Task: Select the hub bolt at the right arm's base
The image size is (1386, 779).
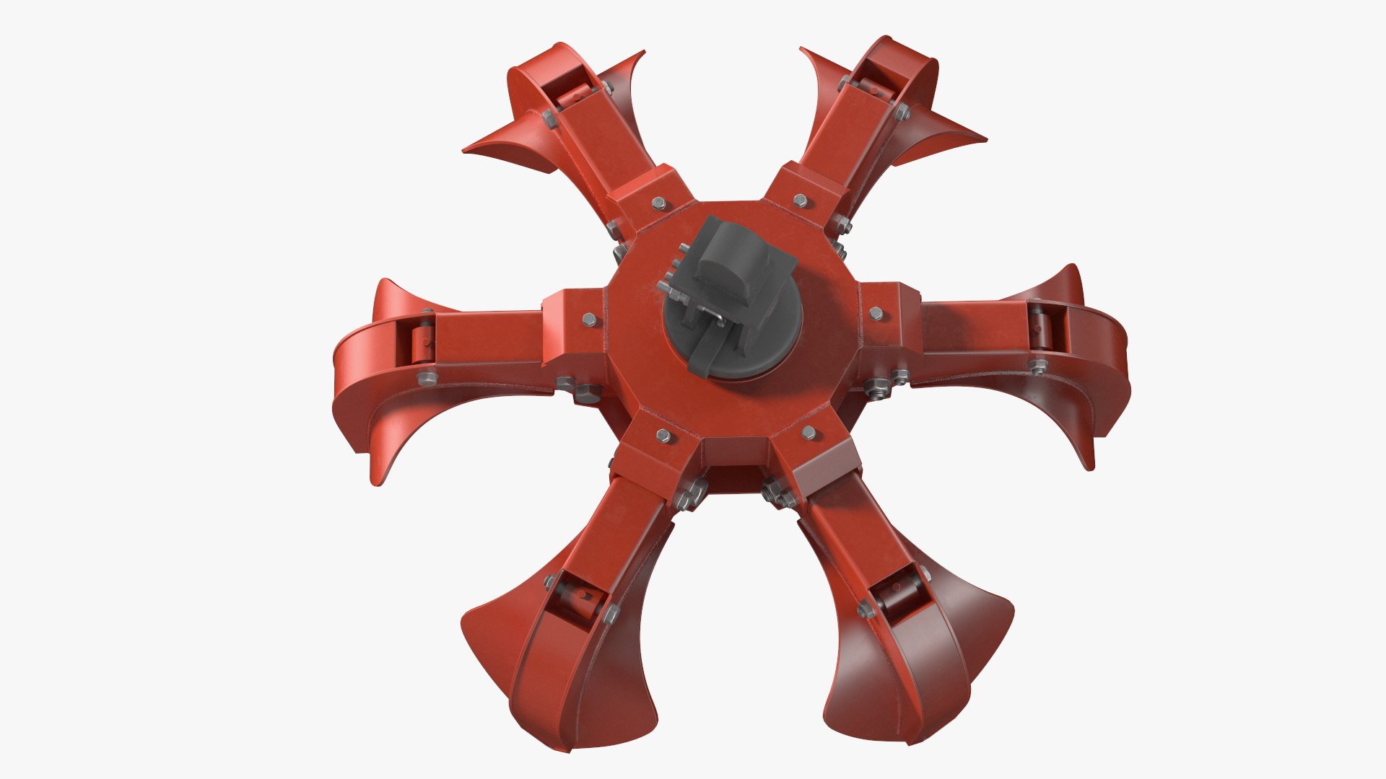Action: tap(876, 312)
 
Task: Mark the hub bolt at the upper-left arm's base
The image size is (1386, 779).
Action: tap(658, 203)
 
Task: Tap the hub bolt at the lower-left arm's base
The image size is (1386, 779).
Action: tap(661, 434)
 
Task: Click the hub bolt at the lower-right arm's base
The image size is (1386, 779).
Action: tap(809, 432)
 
